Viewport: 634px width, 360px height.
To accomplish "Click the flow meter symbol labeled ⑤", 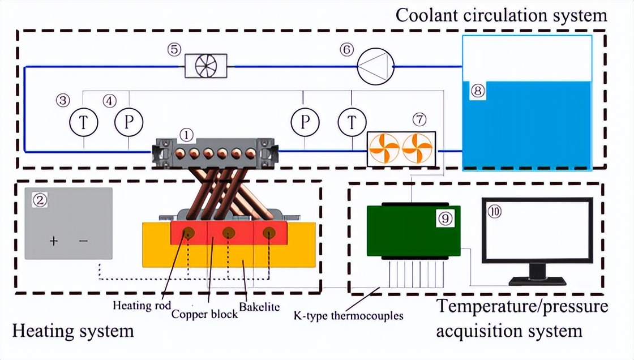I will [206, 66].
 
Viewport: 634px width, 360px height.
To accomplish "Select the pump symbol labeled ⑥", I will [374, 66].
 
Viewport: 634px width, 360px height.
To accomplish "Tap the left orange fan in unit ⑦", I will [384, 149].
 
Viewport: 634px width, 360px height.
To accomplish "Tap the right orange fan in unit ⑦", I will [418, 149].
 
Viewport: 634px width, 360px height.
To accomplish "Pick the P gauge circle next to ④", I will [129, 122].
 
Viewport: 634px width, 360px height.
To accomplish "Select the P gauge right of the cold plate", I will [306, 122].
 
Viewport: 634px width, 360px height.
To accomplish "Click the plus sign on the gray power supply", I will [54, 241].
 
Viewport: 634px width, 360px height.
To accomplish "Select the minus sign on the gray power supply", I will [83, 241].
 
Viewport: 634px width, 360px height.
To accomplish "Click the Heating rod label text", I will [139, 306].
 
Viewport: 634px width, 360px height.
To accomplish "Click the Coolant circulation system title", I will [501, 15].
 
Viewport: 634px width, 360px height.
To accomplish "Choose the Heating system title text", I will [73, 330].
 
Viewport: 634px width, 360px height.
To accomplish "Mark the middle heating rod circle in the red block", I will [229, 232].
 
